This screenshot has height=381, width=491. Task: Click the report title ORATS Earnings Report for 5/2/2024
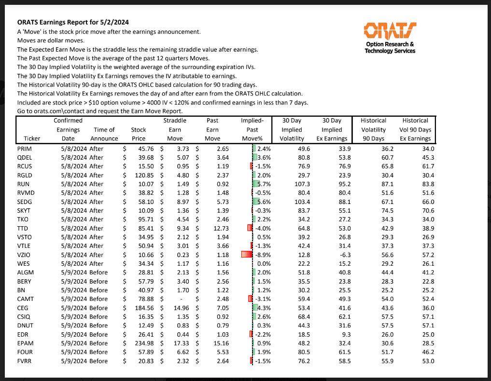pos(73,22)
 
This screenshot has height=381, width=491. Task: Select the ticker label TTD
pos(23,228)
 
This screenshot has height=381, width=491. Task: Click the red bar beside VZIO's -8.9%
pos(247,255)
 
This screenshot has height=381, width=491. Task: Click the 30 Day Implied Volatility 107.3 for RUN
pos(301,184)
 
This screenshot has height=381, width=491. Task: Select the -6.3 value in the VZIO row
pos(341,255)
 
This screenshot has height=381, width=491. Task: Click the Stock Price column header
pos(139,134)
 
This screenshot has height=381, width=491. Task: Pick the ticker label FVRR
pos(24,361)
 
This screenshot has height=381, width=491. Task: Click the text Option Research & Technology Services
pos(390,48)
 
